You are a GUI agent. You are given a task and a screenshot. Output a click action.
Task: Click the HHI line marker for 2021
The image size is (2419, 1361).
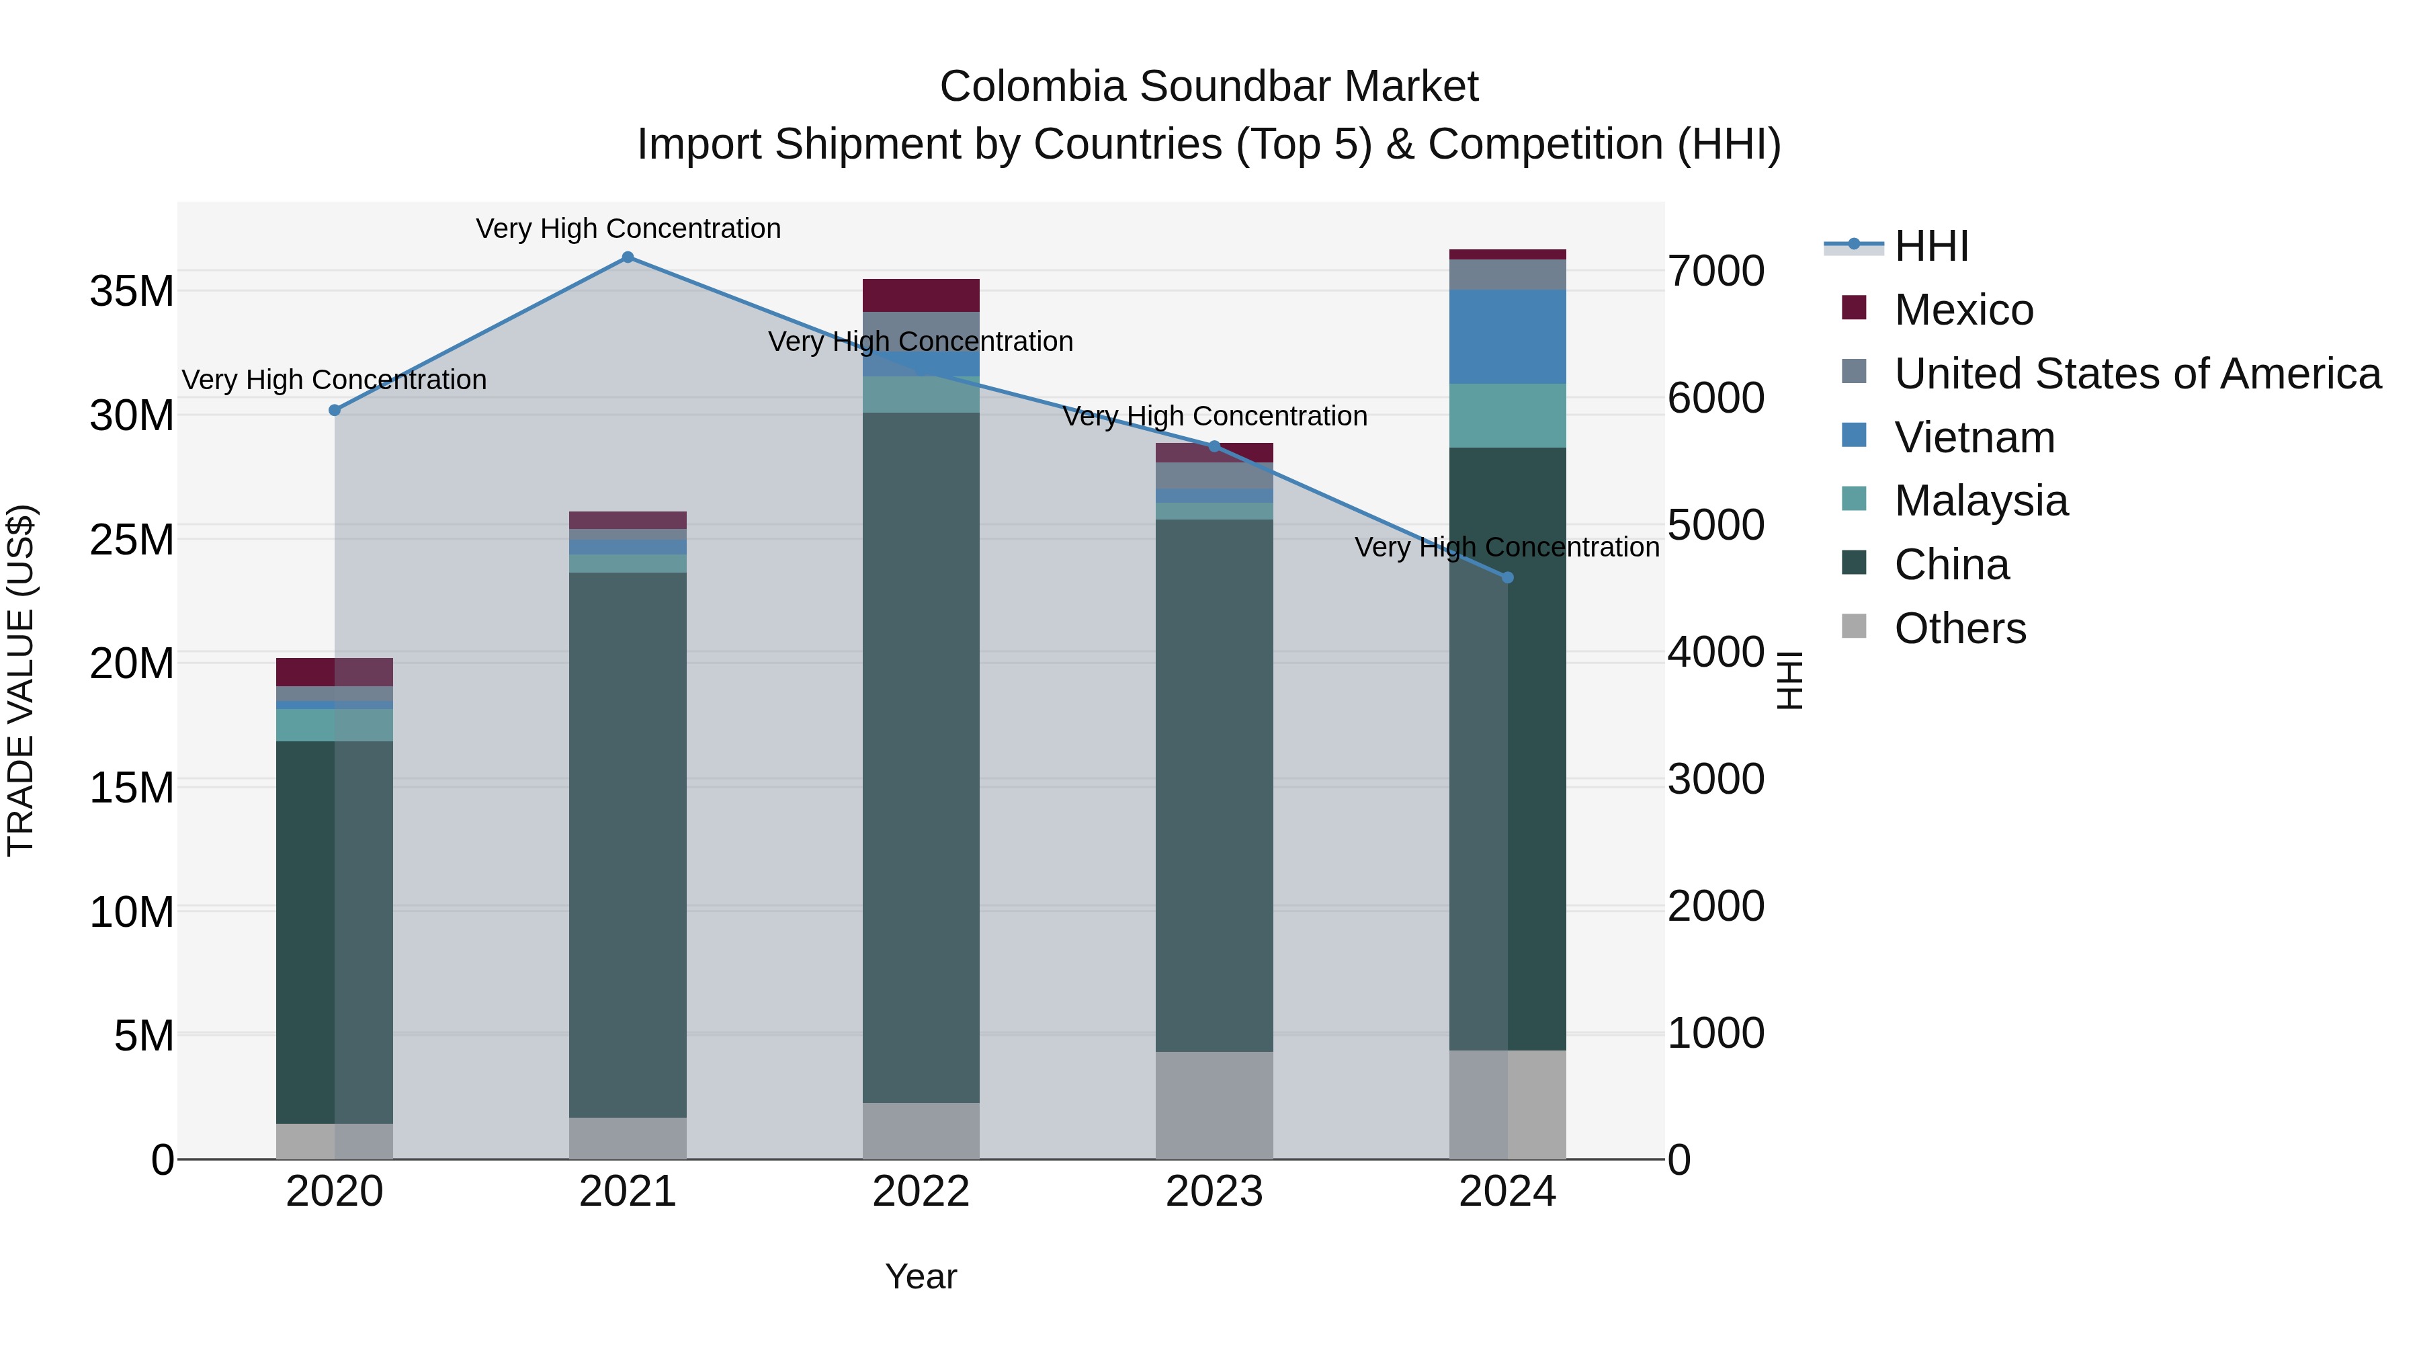628,257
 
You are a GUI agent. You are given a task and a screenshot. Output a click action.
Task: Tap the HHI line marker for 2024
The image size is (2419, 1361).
1507,577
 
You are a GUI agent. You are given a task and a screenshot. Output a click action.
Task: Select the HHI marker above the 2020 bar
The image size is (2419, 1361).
335,411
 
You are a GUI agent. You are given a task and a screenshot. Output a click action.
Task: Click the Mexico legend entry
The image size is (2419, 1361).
1963,310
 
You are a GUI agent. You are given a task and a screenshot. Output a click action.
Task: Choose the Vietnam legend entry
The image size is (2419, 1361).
1974,438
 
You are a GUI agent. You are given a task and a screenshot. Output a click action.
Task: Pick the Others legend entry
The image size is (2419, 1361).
1960,628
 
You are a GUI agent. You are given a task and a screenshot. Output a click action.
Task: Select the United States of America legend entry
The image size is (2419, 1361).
2136,374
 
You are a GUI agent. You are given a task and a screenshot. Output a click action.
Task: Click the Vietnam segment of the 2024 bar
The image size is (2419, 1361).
1507,336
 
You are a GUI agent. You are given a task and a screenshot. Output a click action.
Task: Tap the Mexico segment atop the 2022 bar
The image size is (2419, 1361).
921,295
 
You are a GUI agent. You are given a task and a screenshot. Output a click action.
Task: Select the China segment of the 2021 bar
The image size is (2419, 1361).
628,846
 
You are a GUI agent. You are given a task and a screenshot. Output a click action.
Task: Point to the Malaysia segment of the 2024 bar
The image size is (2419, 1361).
1507,415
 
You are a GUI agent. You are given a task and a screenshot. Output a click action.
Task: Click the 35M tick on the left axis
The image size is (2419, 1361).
132,291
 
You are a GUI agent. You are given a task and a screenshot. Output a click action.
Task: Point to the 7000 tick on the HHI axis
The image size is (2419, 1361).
1715,272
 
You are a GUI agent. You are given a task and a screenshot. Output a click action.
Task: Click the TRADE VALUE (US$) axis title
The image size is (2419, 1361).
21,680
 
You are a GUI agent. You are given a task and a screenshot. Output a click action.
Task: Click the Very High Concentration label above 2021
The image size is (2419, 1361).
628,229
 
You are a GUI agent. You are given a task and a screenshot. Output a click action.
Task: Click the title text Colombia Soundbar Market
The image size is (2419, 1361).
1209,87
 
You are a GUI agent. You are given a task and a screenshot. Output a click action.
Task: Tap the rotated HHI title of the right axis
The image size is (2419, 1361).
1790,680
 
